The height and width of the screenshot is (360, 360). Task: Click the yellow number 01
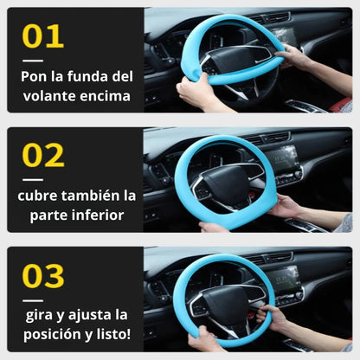pos(42,36)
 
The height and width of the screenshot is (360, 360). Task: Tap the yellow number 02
pos(43,155)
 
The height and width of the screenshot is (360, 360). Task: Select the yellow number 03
pos(43,276)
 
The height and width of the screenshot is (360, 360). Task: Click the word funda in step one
pos(85,76)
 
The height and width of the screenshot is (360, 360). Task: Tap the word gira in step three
pos(39,315)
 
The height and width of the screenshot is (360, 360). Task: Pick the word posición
pos(54,335)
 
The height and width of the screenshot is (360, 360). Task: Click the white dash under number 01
pos(33,61)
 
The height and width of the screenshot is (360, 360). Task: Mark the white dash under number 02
pos(33,180)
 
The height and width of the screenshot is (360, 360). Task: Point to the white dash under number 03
pos(33,300)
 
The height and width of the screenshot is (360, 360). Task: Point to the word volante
pos(49,96)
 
